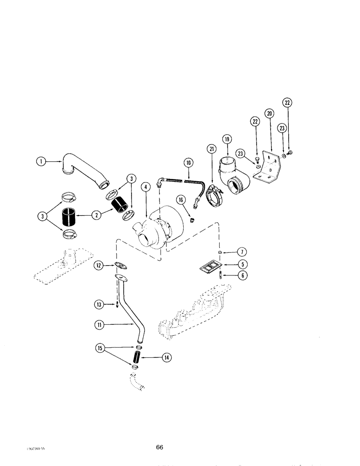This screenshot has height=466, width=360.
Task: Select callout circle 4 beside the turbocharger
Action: [x=146, y=187]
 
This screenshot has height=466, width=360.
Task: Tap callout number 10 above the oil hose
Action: [x=188, y=163]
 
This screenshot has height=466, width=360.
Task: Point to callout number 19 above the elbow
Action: [x=227, y=139]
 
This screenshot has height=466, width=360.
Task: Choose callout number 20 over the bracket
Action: [x=270, y=113]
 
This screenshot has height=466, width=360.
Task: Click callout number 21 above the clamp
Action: [x=212, y=149]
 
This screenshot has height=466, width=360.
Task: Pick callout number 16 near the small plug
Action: [x=180, y=199]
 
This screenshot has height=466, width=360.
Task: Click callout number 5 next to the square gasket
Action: [x=242, y=264]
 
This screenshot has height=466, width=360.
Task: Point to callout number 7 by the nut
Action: [x=242, y=252]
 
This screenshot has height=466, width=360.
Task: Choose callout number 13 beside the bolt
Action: [x=98, y=305]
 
